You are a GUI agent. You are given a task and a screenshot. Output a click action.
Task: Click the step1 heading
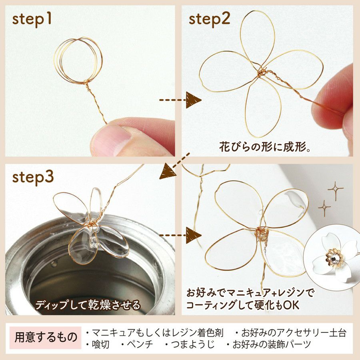(x=32, y=20)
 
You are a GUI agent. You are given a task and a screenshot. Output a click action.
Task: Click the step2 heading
(x=209, y=19)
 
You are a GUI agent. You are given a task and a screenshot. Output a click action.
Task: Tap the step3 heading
(x=33, y=178)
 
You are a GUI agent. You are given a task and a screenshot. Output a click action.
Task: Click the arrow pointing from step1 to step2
(x=180, y=100)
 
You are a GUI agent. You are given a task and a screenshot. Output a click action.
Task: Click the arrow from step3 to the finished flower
(x=180, y=235)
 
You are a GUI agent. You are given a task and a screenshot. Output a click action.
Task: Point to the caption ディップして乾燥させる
(x=88, y=305)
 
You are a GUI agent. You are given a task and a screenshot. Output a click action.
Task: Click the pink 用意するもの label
(x=46, y=338)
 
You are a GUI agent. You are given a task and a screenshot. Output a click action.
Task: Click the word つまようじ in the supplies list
(x=193, y=344)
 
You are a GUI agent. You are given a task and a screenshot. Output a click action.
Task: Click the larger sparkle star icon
(x=336, y=190)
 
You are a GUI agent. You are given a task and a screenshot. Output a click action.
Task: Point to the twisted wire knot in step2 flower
(x=261, y=73)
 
